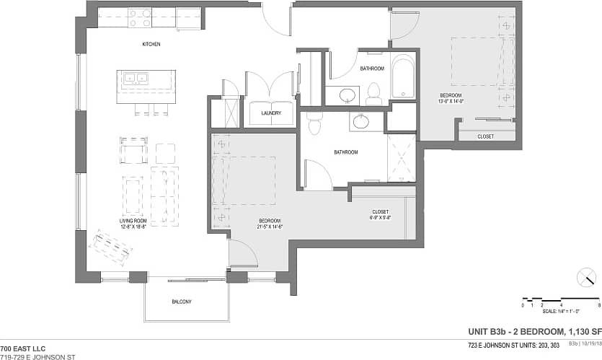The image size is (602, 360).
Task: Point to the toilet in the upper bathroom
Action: click(373, 93)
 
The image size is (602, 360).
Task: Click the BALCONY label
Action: click(182, 302)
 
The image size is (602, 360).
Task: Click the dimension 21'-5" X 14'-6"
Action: click(270, 227)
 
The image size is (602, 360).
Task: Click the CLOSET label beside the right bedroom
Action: click(486, 136)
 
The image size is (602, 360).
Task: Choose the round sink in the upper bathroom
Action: click(348, 94)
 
